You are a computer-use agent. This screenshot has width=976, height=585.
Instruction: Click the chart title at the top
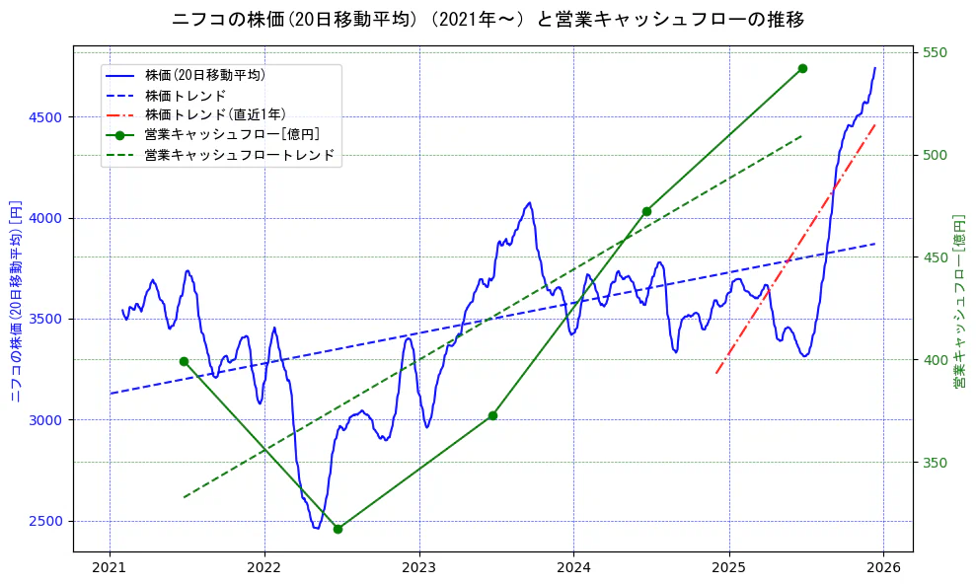(488, 20)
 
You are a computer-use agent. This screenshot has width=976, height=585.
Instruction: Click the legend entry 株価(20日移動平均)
(204, 75)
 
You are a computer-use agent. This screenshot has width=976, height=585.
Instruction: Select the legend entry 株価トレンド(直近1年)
(215, 114)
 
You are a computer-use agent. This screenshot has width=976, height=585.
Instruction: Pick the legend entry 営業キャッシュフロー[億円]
(231, 134)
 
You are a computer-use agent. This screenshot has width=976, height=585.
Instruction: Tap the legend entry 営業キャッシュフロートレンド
(239, 155)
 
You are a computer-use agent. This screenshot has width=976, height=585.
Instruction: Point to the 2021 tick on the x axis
(110, 568)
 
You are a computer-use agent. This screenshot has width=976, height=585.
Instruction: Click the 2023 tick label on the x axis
(418, 568)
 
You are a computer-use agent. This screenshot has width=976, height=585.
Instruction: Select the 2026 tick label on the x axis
(883, 568)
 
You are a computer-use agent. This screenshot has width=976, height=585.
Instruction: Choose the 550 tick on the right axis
(935, 52)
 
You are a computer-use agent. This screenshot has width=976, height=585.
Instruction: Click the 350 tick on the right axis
(935, 463)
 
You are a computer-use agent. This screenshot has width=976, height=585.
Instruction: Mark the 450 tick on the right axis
(935, 257)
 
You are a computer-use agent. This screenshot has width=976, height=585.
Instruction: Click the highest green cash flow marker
(802, 68)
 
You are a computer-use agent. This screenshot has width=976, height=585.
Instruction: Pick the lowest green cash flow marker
(338, 529)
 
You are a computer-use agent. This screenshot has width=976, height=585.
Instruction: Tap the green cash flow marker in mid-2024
(646, 211)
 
